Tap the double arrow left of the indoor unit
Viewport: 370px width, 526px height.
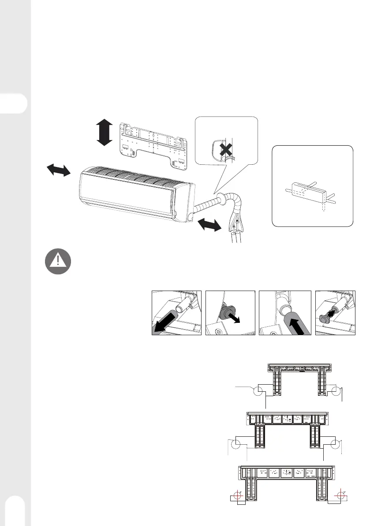point(58,170)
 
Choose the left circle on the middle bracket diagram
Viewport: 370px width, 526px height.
point(239,444)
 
